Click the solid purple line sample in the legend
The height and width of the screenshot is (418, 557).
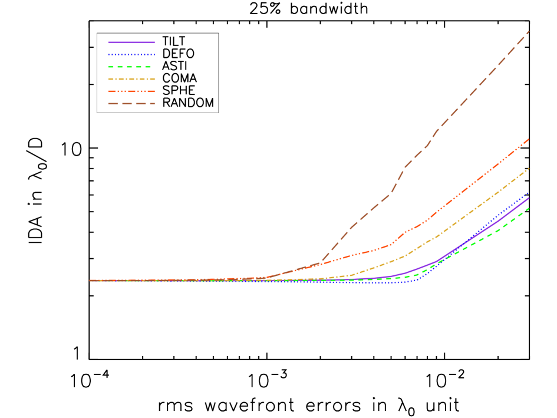pos(131,42)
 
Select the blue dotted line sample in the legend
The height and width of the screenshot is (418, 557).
pos(131,55)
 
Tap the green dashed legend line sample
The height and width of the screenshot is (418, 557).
pos(131,67)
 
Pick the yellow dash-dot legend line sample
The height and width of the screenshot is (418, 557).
pos(131,79)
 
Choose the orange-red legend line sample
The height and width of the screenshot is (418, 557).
pos(131,91)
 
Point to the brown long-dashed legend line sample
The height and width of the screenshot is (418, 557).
pos(131,104)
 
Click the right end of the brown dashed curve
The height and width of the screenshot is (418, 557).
pos(529,31)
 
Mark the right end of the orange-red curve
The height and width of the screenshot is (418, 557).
pos(529,139)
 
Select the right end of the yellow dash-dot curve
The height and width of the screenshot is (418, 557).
pos(529,169)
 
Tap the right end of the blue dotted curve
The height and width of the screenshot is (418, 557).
pos(529,192)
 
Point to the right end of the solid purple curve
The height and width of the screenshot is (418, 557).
pos(529,198)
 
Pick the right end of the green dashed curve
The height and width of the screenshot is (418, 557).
pos(529,208)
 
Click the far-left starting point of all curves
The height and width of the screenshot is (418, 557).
pos(90,281)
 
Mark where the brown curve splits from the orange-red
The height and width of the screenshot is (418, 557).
pos(320,263)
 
